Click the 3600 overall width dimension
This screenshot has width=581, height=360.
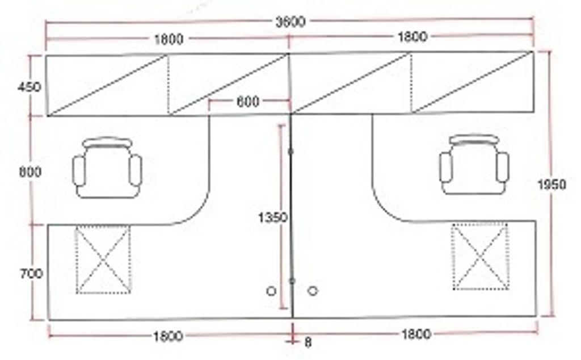pos(290,22)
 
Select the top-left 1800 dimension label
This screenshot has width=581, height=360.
pos(169,39)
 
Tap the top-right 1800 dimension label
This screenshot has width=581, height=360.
pos(412,37)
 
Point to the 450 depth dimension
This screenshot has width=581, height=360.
pos(30,87)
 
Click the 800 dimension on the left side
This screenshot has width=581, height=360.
pos(30,171)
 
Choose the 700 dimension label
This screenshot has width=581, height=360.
pos(31,274)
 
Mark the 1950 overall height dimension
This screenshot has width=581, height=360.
pos(551,185)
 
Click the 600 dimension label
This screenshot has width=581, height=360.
pos(248,102)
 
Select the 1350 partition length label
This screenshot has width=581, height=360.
pos(273,217)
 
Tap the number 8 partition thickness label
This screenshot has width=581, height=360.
pos(308,342)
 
